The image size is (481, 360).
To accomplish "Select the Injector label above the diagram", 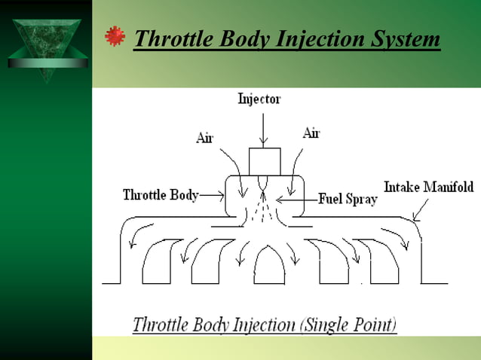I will click(x=259, y=99).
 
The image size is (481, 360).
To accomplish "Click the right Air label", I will click(x=311, y=133).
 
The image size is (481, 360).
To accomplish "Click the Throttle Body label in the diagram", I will click(x=161, y=195).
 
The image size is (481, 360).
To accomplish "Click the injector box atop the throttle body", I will click(x=264, y=160).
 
